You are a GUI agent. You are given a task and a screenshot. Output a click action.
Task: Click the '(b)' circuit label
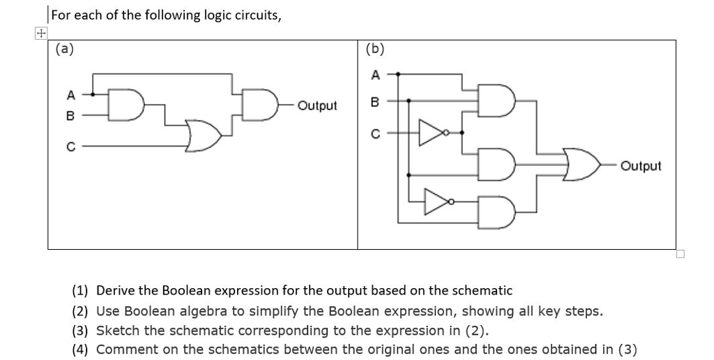tap(374, 49)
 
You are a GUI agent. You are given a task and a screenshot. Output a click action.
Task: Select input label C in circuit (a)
tap(70, 146)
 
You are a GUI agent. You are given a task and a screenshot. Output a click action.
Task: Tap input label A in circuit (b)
tap(374, 74)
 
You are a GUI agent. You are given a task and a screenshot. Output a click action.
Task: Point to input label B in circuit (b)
tap(374, 101)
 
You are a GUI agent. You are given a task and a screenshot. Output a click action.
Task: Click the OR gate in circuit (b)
tap(582, 165)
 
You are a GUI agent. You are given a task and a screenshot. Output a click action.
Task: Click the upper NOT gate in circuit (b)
tap(432, 131)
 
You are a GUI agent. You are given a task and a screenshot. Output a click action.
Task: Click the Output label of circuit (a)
tap(317, 106)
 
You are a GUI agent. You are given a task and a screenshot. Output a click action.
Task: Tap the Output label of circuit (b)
tap(640, 166)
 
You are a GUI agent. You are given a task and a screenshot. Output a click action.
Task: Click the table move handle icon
tap(41, 33)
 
